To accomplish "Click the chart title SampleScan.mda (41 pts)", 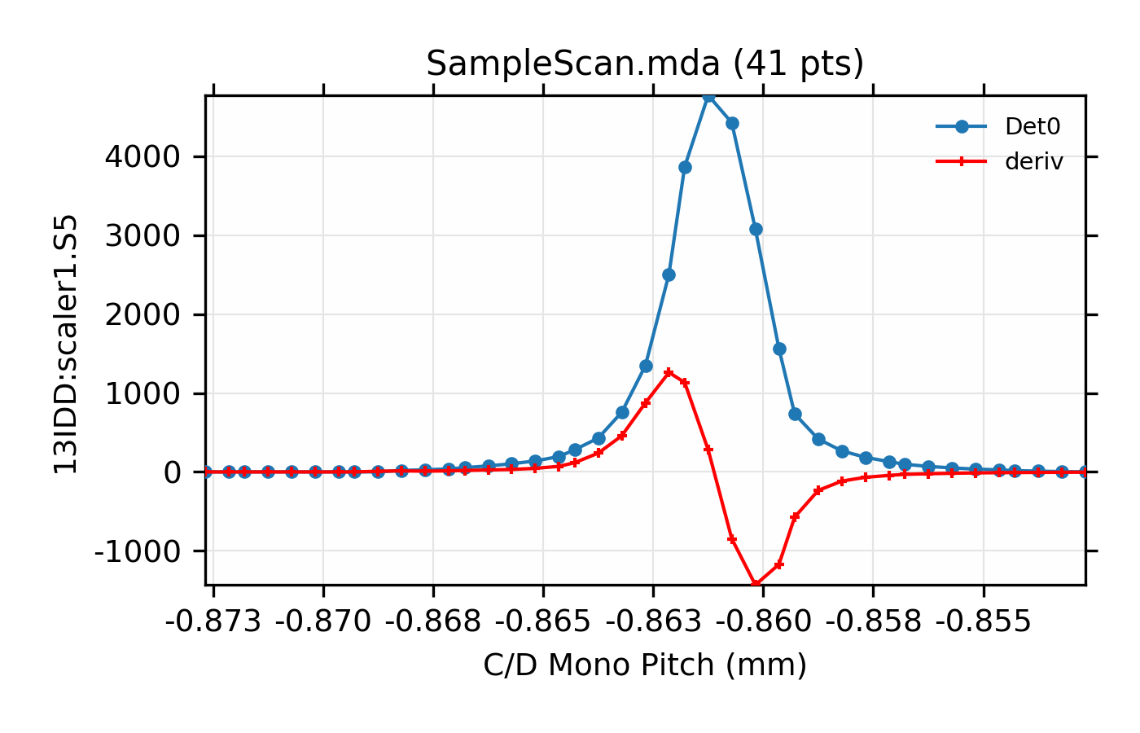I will [x=644, y=64].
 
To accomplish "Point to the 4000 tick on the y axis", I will [x=142, y=157].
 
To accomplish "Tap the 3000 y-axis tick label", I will [x=142, y=236].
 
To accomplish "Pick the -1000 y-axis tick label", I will [x=137, y=551].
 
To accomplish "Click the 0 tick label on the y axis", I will [x=171, y=472].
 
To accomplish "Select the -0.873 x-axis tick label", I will [x=213, y=622].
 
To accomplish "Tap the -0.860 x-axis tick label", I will [x=763, y=622].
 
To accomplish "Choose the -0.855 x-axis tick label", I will [x=983, y=622].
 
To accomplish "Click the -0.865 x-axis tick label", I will [x=543, y=622].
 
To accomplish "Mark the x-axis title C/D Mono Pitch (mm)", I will [x=645, y=665].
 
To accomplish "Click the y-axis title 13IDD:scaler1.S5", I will [x=66, y=344].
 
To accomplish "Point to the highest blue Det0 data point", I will [x=708, y=96].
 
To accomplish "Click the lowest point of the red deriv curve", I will [x=756, y=583].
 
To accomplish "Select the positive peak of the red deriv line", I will [x=669, y=372].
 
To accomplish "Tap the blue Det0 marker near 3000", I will [x=756, y=230].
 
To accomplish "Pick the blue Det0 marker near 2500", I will [x=669, y=274].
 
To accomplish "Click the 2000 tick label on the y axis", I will [x=142, y=315].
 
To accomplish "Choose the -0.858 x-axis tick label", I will [x=873, y=622].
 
